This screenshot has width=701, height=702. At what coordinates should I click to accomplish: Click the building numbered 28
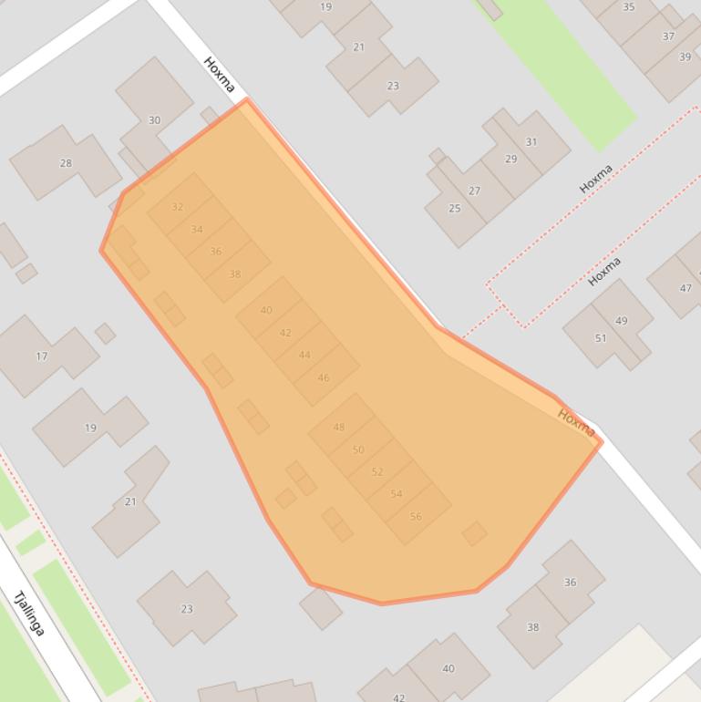pos(66,163)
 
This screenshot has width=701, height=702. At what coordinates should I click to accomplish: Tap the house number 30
pos(154,120)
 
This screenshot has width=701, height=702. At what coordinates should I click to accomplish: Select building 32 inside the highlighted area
pos(178,207)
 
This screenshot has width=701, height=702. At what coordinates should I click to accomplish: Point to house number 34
pos(197,230)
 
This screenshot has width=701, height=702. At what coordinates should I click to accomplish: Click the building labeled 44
pos(304,355)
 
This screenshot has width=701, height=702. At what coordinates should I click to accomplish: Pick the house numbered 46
pos(324,377)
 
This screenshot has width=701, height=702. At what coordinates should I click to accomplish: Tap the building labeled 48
pos(339,427)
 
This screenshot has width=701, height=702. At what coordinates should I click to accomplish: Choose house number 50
pos(358,449)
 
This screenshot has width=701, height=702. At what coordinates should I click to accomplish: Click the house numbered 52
pos(377,471)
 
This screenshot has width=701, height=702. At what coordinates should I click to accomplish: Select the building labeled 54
pos(397,494)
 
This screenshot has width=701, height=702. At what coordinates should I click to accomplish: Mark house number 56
pos(416,516)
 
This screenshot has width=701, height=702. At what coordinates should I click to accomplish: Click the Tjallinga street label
pos(29,614)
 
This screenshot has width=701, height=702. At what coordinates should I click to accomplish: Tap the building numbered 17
pos(41,356)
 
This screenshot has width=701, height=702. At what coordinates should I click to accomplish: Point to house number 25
pos(454,208)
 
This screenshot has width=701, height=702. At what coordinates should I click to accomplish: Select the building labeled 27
pos(474,191)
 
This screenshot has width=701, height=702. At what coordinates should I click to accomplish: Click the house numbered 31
pos(531,142)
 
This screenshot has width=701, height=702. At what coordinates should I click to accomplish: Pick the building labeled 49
pos(622,321)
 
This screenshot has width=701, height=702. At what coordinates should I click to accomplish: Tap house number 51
pos(601,338)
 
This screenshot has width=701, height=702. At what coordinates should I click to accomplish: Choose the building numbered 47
pos(686,288)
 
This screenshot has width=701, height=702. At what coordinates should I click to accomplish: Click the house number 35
pos(629,7)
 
